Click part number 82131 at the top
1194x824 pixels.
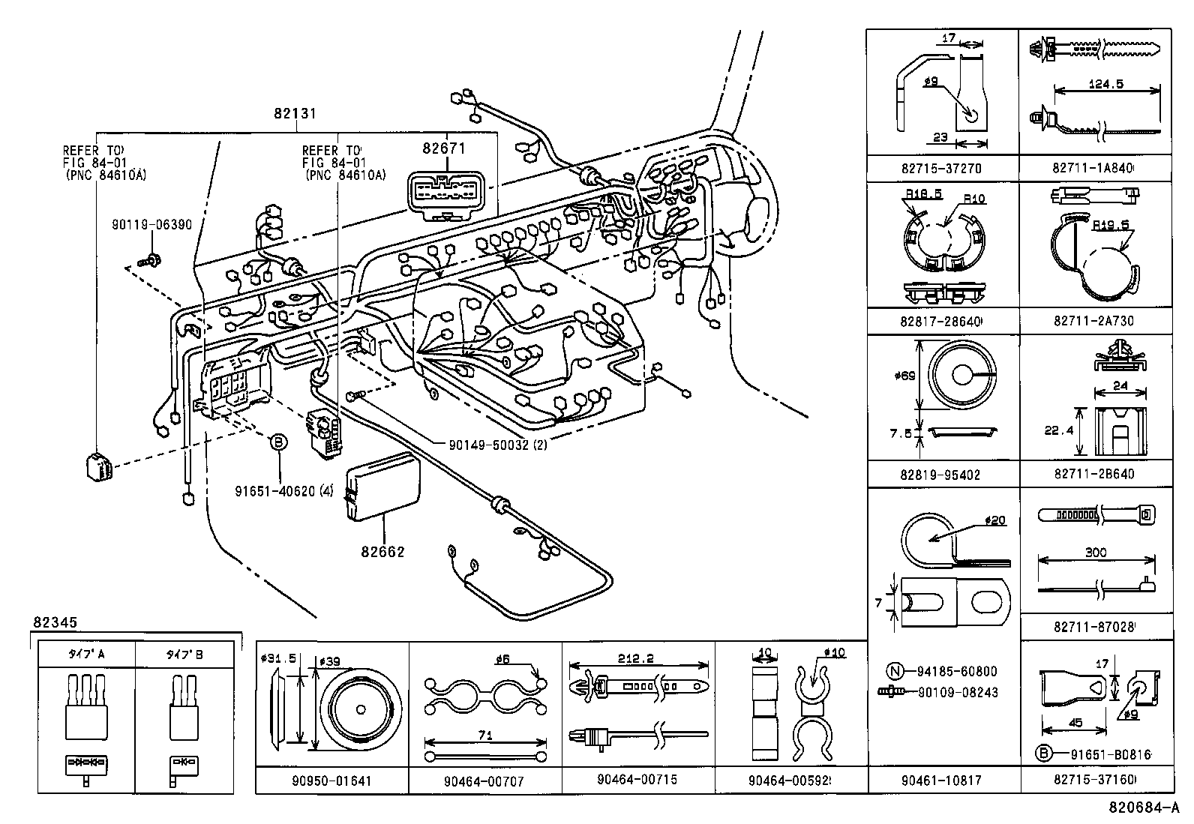pos(294,114)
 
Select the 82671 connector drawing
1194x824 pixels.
pos(445,196)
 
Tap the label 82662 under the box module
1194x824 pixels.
pos(382,553)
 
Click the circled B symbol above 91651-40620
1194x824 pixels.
pos(278,443)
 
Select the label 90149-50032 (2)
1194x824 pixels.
pos(497,445)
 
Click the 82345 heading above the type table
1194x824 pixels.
pos(55,622)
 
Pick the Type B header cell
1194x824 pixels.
pos(184,655)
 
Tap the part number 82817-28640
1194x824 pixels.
pos(941,321)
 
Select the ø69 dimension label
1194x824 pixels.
pos(905,376)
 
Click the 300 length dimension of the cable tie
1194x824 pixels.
pos(1095,553)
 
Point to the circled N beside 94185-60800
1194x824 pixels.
pos(893,672)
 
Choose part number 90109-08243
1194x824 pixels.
pos(957,692)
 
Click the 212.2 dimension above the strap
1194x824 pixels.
pos(637,658)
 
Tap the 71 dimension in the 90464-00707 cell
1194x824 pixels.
pos(484,736)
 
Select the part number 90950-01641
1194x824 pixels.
pos(331,781)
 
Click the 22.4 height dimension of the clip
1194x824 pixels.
pos(1058,431)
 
